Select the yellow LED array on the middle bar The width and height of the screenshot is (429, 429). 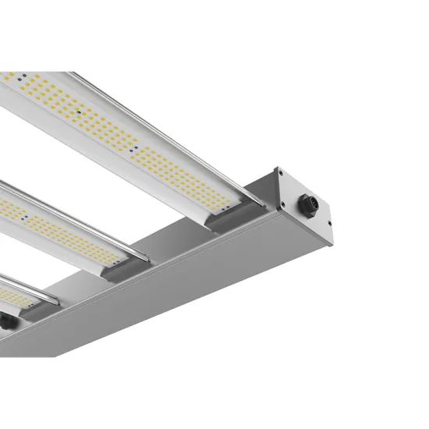point(62,226)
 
